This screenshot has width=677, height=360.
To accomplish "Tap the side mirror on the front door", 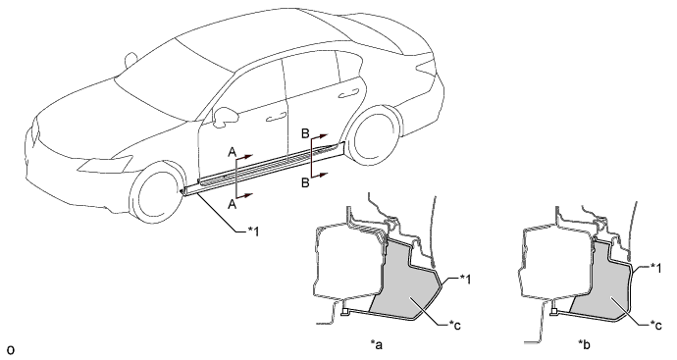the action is point(226,116).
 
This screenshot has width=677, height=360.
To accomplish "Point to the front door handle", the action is point(277,117).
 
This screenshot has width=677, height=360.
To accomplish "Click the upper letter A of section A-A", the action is point(232,152).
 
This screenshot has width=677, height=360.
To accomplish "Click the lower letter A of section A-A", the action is point(232,204).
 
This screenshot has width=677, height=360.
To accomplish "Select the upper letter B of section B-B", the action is point(305,133).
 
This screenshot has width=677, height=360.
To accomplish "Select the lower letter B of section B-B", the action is point(305,183).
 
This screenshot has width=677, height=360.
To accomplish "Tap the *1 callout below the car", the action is point(253,231).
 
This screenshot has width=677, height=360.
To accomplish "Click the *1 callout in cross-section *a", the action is point(464,280).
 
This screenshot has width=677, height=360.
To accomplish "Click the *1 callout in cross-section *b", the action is point(655,269).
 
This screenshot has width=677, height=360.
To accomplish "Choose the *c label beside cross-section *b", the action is point(655,326).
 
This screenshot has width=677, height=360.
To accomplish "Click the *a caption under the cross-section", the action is point(377,344).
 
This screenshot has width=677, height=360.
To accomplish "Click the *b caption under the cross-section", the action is point(585,344).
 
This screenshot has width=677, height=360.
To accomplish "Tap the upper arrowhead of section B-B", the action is point(324,136).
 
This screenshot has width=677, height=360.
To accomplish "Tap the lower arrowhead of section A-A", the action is point(247,195).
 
